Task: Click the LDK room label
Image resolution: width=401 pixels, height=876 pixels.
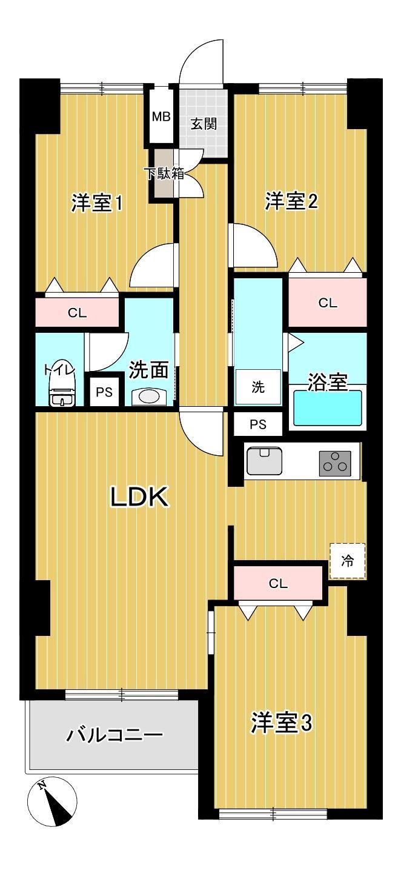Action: pos(140,497)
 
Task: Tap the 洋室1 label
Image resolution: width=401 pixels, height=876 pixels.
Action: pos(97,203)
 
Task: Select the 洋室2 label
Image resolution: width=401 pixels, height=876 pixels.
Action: pos(291,201)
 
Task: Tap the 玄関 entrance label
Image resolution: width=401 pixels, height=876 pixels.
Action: pos(204,124)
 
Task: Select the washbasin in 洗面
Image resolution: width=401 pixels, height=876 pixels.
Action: pos(149,397)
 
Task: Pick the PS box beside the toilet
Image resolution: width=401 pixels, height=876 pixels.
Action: pos(104,392)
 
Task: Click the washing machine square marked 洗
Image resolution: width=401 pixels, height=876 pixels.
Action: pos(258,387)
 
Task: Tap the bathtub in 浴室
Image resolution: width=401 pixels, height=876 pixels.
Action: pos(328,407)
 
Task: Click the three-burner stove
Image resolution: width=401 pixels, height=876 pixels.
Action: pos(335,463)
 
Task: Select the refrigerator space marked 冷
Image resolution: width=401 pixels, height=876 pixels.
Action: pos(348,561)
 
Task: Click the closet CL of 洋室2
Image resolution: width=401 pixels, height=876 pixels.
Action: pos(328,303)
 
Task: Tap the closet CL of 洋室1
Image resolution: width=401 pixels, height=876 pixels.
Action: pos(77,312)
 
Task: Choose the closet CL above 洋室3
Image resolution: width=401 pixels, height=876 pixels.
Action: pos(278,584)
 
